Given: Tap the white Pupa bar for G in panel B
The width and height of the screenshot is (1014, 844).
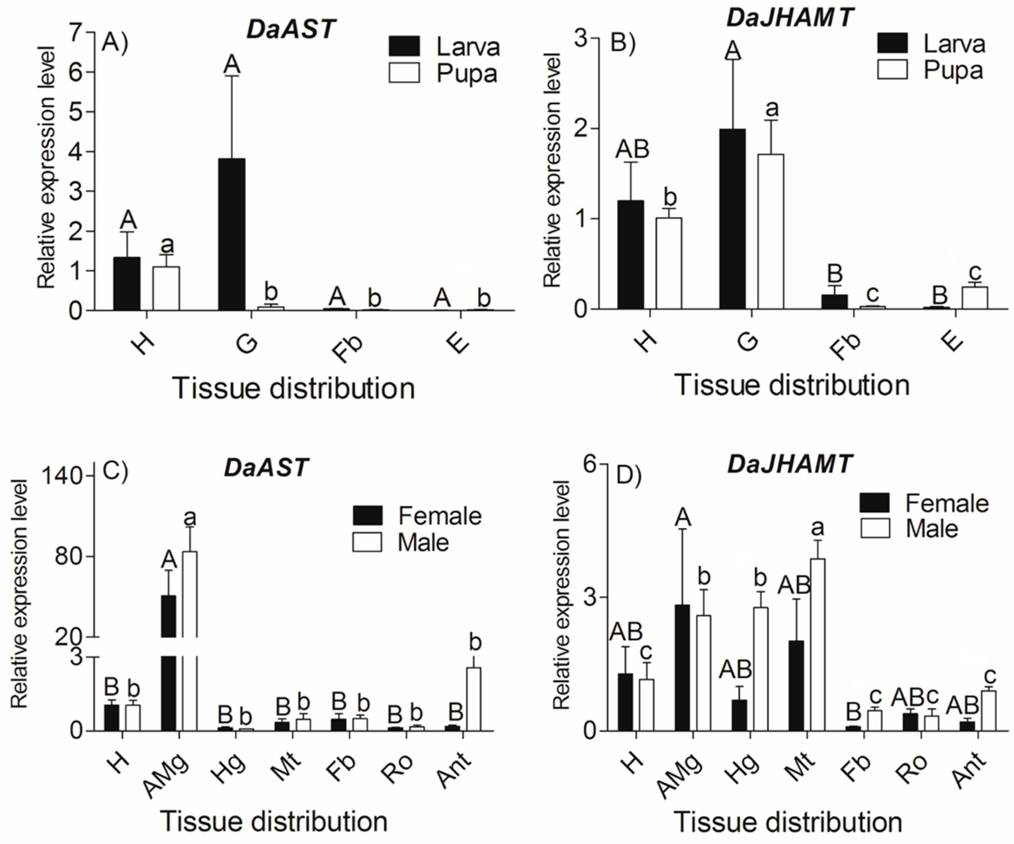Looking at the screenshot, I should [x=770, y=232].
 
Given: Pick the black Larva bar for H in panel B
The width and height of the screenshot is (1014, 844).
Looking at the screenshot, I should [x=631, y=255].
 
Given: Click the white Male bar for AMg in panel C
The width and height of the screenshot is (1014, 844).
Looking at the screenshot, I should [x=190, y=642].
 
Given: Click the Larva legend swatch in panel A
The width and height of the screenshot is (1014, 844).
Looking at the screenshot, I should [x=404, y=46].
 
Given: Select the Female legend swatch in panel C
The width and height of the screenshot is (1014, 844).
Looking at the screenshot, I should [x=368, y=516].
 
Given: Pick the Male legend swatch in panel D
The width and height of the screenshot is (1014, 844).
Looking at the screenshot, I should [x=875, y=528].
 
